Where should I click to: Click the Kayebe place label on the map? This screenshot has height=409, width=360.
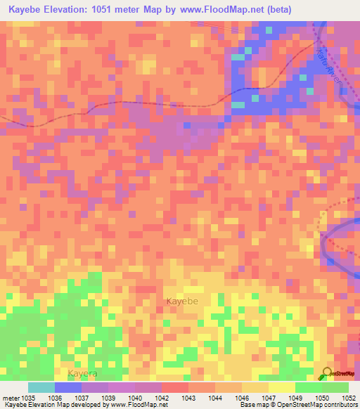click(182, 301)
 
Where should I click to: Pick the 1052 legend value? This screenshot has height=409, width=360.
click(349, 398)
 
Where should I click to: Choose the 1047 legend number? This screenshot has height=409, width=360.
click(269, 398)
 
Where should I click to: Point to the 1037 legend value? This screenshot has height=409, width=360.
click(82, 398)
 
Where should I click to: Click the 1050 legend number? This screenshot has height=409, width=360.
click(322, 398)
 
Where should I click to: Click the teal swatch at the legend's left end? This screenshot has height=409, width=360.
click(41, 387)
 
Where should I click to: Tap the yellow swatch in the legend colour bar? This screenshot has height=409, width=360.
click(281, 387)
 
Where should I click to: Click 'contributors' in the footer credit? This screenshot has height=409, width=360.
click(339, 405)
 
